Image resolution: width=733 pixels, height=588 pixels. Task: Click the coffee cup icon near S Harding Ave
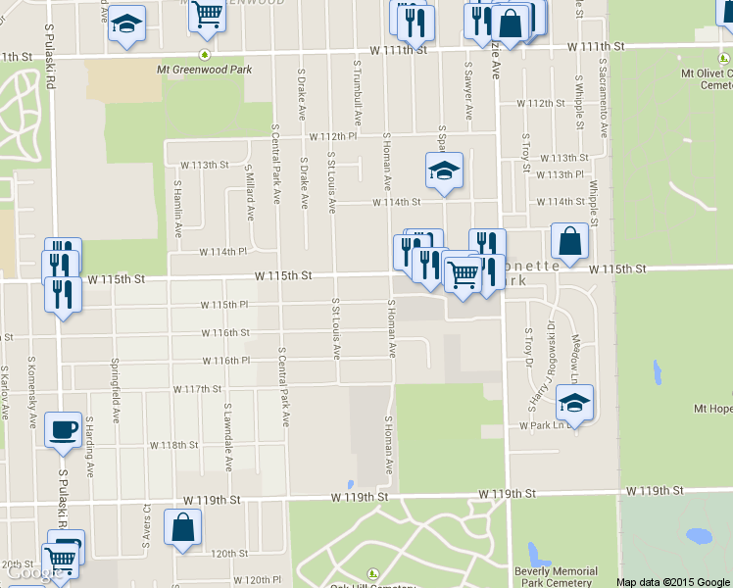coord(64,428)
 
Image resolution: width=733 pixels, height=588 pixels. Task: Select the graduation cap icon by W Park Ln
coord(575,402)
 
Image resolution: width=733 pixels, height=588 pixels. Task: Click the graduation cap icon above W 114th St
coord(444,171)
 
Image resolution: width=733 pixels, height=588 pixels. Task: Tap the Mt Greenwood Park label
coord(204,70)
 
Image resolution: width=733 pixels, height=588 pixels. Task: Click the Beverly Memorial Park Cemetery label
coord(556,577)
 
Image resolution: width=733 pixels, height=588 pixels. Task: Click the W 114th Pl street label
coord(222,252)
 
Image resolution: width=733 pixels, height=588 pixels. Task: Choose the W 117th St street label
coord(197,389)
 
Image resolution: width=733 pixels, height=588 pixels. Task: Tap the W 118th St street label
coord(173,445)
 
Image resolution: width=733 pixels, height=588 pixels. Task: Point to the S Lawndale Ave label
coord(228,430)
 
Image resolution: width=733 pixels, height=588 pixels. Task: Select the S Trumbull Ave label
coord(359,93)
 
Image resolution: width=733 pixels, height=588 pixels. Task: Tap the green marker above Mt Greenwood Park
coord(204,54)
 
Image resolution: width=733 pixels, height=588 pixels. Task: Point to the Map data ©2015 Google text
coord(672,582)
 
